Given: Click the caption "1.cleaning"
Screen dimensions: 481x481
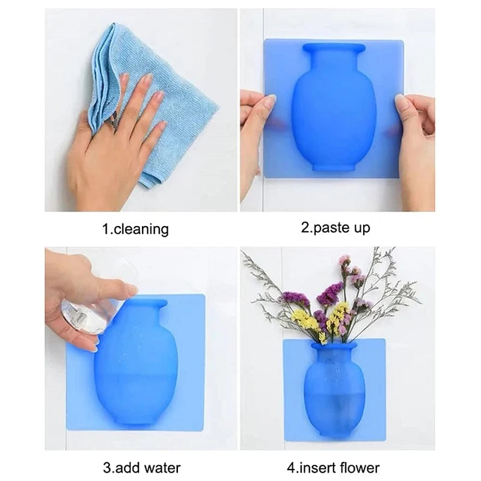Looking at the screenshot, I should pos(135,228).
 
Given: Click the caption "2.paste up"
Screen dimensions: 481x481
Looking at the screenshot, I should pos(335,228).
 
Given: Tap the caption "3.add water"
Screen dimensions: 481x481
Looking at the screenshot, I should pos(141,467).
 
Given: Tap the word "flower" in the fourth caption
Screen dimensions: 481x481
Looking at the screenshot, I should pos(359,467).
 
